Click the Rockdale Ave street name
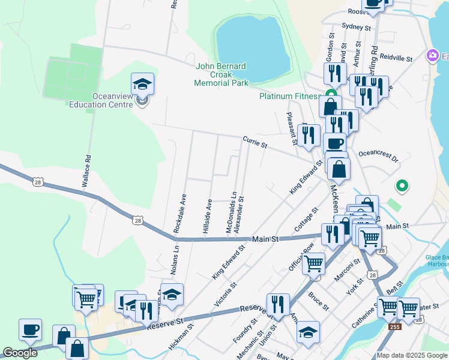point(178,213)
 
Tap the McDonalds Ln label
point(229,213)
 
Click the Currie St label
point(254,143)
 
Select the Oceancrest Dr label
point(378,156)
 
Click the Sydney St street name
point(357,27)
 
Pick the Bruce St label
point(318,301)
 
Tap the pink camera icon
point(432,56)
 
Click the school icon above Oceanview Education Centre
point(142,84)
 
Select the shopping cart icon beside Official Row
point(313,263)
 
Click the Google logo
point(20,353)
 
